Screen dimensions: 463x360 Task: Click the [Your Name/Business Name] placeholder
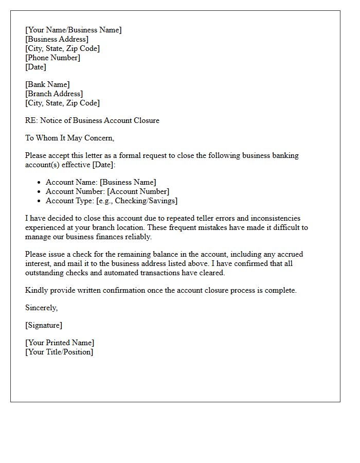pos(74,30)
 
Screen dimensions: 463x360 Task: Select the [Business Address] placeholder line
pos(57,39)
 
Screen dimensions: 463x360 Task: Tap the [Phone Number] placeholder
pos(52,58)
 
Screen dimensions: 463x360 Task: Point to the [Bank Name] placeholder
pos(47,84)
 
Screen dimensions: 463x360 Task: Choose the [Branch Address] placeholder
pos(54,94)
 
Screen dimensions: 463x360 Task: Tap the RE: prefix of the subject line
pos(31,120)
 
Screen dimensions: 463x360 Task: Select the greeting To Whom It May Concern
pos(69,138)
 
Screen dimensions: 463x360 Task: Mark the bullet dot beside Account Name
pos(39,183)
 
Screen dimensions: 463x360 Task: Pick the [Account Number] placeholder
pos(138,191)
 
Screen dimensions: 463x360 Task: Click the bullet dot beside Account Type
pos(39,201)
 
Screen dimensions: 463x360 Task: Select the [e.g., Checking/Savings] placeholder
pos(137,201)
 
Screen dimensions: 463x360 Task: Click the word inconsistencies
pos(274,218)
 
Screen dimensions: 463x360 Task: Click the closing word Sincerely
pos(41,308)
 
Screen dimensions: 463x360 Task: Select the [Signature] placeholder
pos(44,325)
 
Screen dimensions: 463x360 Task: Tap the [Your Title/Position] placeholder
pos(59,352)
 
